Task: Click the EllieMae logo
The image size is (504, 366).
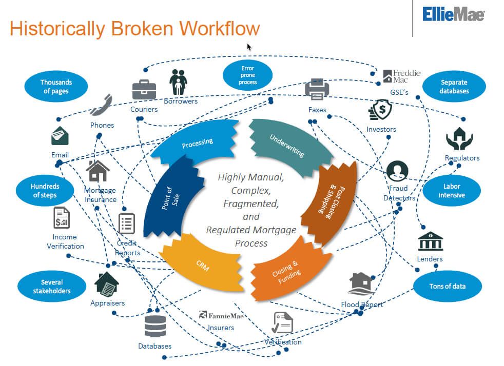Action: coord(453,14)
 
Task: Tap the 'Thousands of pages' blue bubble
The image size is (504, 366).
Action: coord(56,87)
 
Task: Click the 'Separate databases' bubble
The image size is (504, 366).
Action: coord(454,87)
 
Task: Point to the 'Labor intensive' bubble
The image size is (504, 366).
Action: coord(452,191)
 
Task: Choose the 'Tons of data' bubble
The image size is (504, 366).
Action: coord(448,286)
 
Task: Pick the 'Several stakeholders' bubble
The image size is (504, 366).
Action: coord(52,287)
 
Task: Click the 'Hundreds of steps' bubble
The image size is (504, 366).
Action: coord(45,191)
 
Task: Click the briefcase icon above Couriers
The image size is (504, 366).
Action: coord(144,90)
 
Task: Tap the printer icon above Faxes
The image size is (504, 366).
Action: coord(317,90)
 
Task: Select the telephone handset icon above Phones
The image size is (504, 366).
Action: coord(101,105)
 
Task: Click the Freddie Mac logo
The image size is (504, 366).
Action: coord(401,76)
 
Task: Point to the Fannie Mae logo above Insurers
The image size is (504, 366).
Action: coord(221,316)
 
